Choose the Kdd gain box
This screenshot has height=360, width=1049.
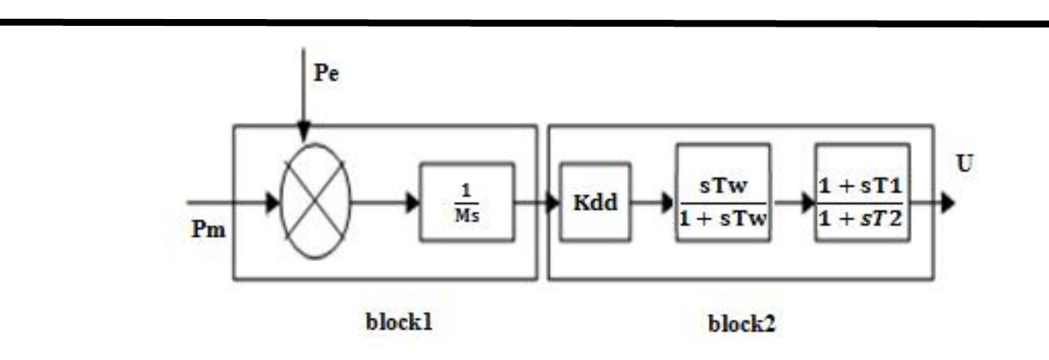pyautogui.click(x=595, y=202)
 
